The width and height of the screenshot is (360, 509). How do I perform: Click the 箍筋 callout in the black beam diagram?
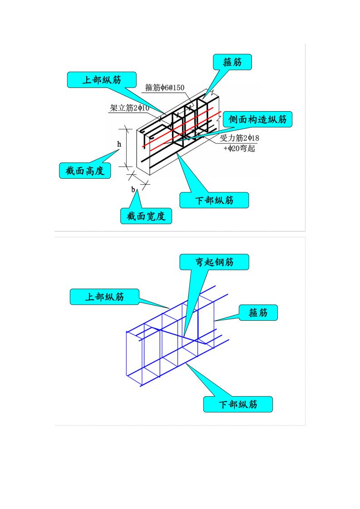[232, 62]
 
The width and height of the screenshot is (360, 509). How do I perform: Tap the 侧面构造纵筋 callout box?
[257, 120]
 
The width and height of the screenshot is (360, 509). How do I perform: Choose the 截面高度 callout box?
[85, 171]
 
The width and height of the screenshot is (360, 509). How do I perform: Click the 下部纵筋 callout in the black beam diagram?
[214, 200]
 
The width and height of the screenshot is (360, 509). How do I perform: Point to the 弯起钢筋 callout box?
[214, 262]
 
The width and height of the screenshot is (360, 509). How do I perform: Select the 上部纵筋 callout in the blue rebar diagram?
[104, 297]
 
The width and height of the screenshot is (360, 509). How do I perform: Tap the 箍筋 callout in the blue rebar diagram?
[258, 313]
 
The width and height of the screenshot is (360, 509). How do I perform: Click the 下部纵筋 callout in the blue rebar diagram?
[238, 404]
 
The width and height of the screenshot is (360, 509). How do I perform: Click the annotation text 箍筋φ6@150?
[165, 88]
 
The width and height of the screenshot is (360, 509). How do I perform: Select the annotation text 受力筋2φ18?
[239, 138]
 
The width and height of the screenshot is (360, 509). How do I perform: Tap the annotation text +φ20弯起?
[239, 148]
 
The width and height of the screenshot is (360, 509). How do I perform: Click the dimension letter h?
[119, 144]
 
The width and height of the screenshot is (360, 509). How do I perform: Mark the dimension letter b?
[133, 190]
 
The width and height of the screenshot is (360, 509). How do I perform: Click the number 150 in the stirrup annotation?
[178, 88]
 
